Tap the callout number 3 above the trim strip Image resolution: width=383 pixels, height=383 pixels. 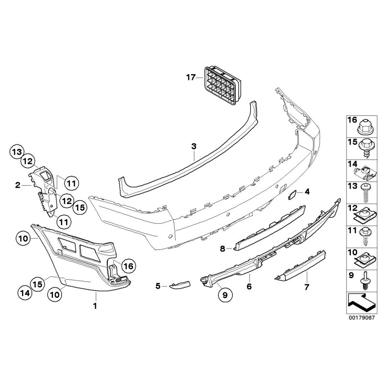(x=193, y=146)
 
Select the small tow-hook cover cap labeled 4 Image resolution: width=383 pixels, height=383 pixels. (x=292, y=194)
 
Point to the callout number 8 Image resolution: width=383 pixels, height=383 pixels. (x=223, y=248)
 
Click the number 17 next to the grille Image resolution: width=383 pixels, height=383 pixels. (x=191, y=77)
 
